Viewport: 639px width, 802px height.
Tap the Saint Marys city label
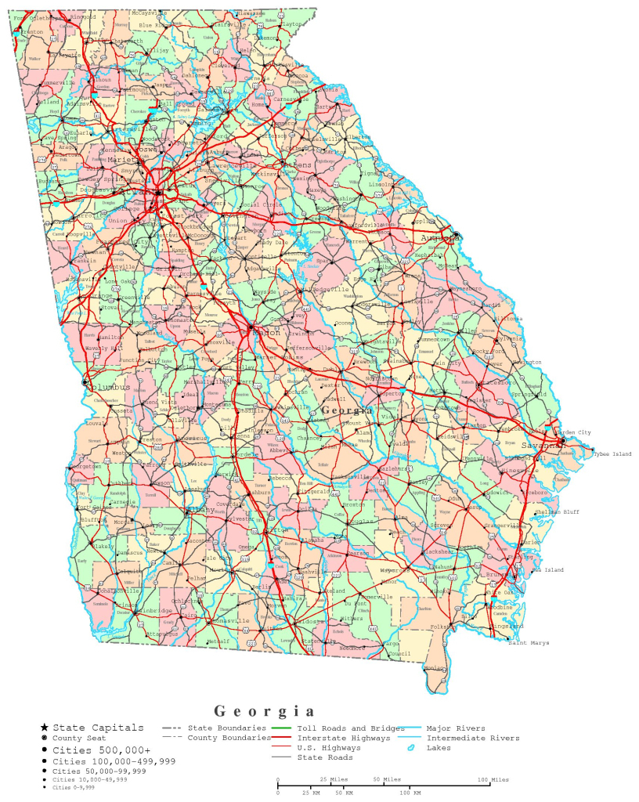tap(529, 642)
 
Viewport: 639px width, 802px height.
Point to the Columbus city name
tap(109, 387)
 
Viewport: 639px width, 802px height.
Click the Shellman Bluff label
tap(557, 511)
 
